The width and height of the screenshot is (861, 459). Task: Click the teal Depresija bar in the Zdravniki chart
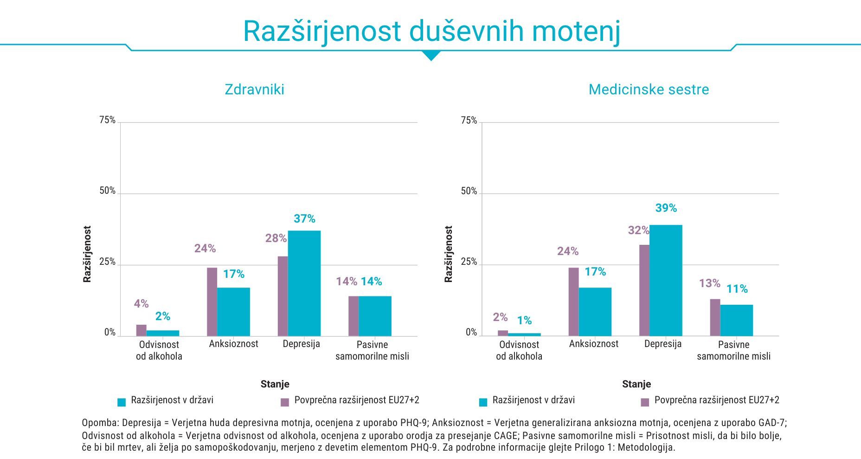click(304, 283)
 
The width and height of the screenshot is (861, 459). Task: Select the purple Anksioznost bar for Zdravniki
click(212, 302)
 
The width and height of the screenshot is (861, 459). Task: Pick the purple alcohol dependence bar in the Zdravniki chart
click(141, 330)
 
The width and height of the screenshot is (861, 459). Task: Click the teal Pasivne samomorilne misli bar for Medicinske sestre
click(736, 320)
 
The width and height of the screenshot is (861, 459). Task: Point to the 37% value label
click(304, 218)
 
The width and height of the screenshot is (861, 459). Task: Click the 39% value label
click(666, 208)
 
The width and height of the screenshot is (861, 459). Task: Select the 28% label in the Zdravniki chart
click(276, 238)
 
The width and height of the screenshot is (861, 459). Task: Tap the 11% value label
click(737, 289)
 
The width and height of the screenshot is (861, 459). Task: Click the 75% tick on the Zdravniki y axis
click(107, 120)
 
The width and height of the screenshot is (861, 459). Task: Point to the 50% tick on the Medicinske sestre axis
click(469, 191)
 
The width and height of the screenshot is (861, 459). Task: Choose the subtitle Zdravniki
click(254, 89)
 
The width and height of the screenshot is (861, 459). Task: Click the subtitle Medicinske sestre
click(649, 89)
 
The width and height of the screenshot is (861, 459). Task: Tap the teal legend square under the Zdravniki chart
click(122, 402)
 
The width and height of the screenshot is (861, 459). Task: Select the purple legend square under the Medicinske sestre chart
click(645, 402)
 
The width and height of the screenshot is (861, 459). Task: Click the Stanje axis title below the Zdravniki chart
click(275, 384)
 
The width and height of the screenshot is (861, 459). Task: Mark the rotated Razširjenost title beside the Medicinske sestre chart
click(448, 254)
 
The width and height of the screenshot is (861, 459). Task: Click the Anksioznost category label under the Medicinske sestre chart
click(594, 344)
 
